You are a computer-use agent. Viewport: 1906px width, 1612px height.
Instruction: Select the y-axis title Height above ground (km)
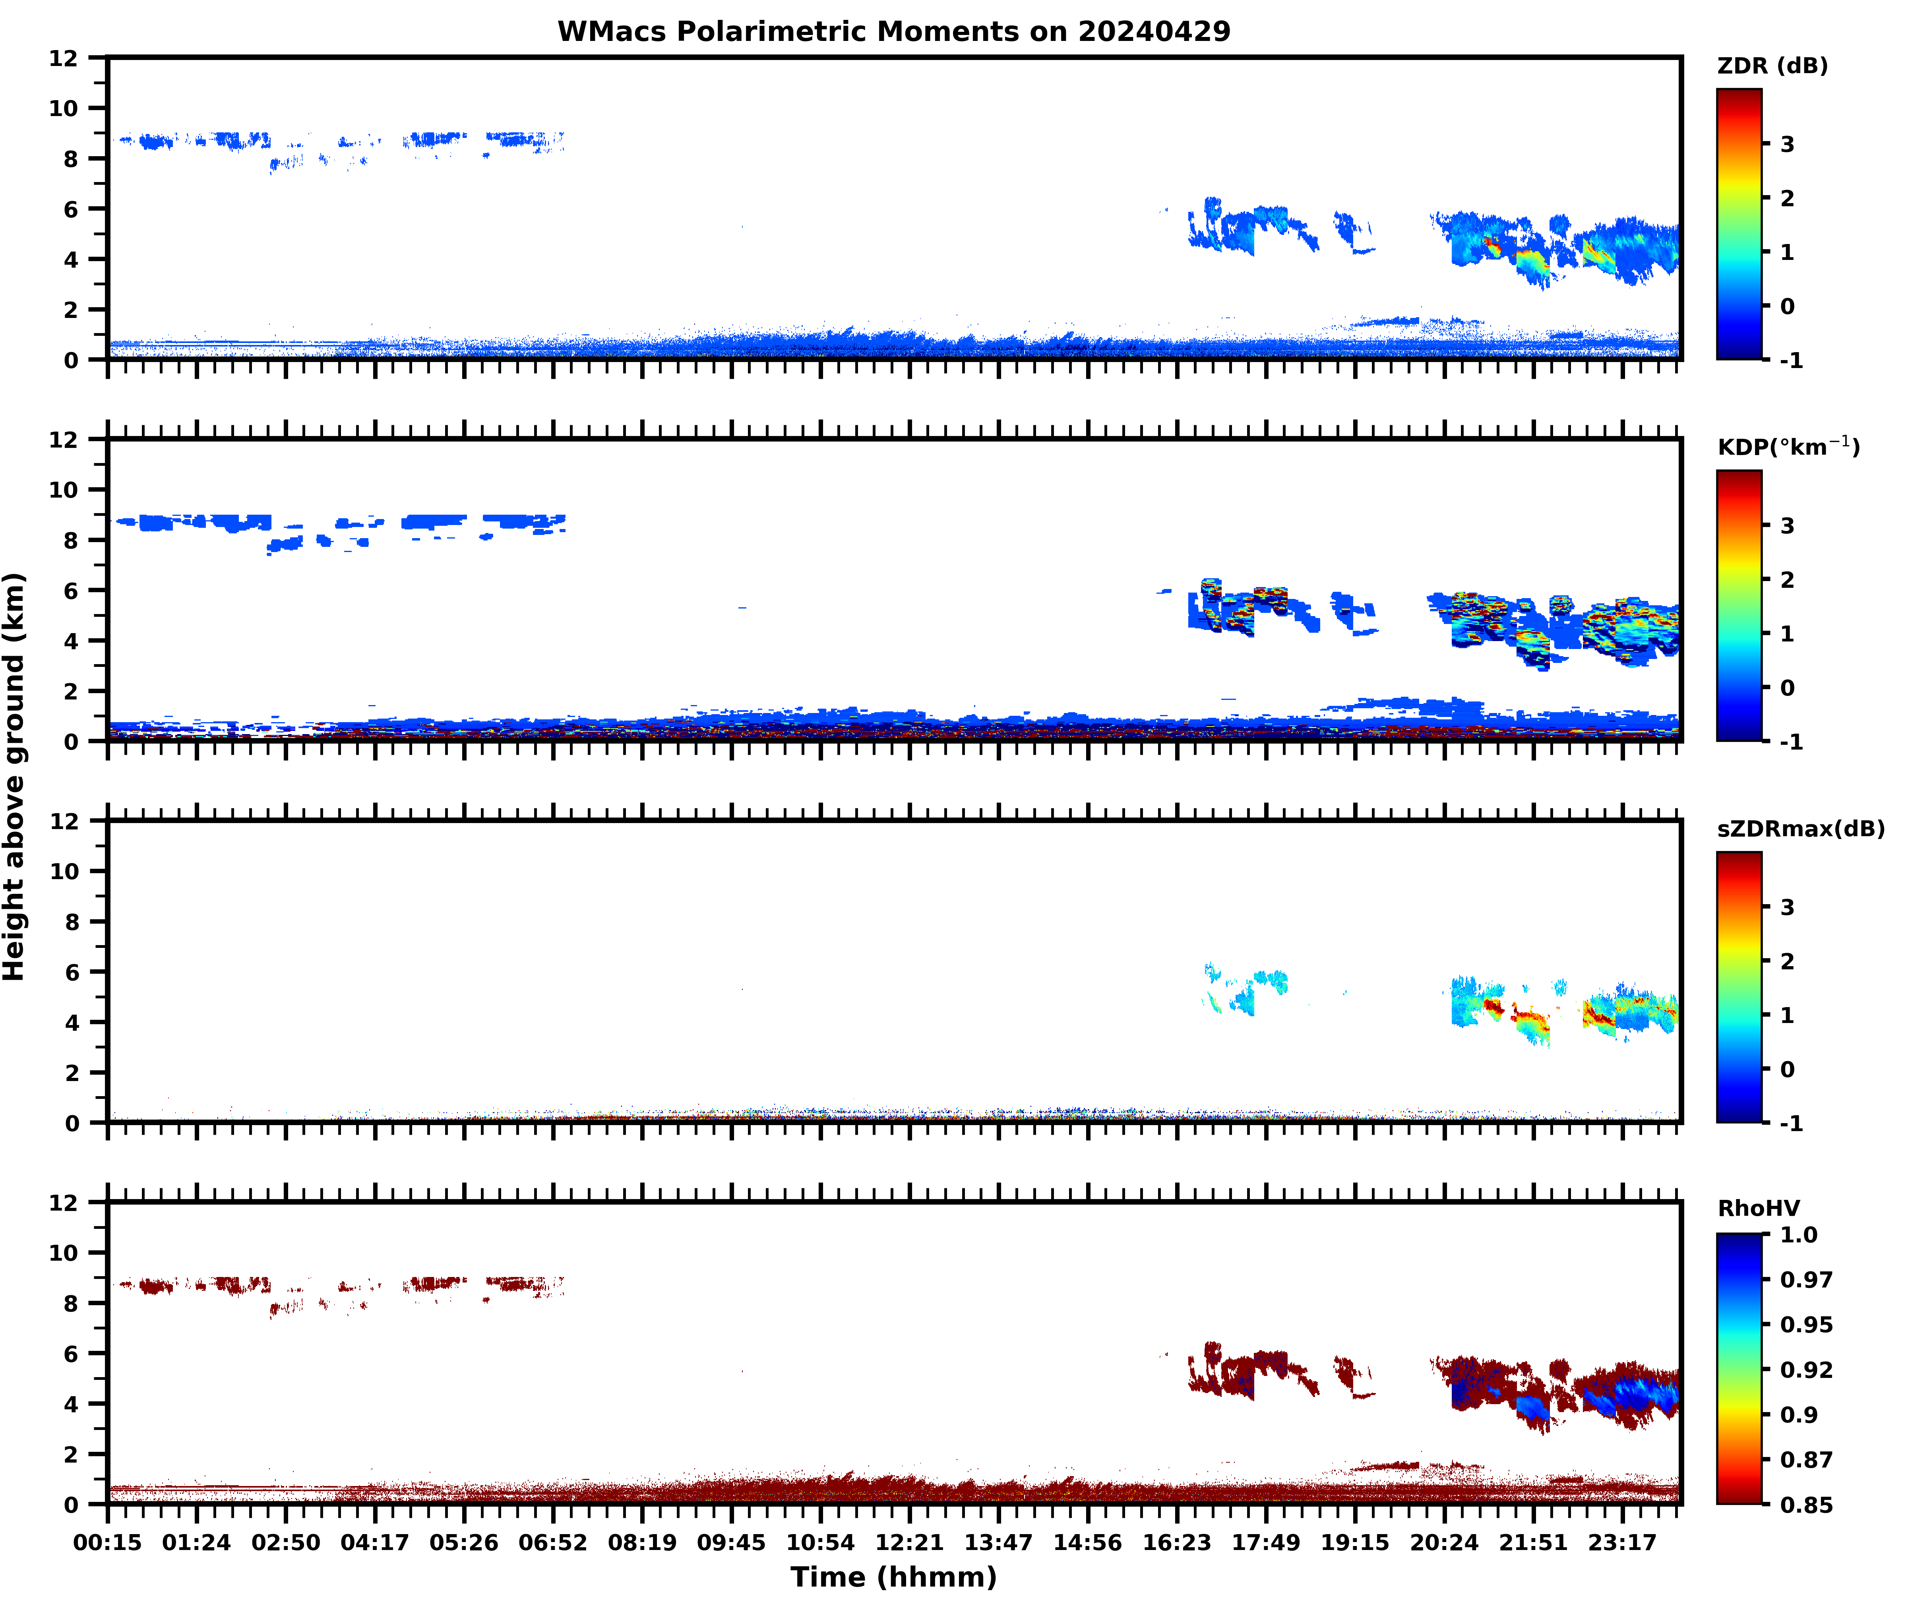[x=15, y=777]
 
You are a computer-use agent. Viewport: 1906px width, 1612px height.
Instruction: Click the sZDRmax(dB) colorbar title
[x=1800, y=829]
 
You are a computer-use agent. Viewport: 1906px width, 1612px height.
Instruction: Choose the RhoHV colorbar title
[x=1758, y=1208]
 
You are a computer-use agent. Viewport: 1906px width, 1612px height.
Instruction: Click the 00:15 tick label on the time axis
[x=108, y=1542]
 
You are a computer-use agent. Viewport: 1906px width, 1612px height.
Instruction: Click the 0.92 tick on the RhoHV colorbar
[x=1805, y=1369]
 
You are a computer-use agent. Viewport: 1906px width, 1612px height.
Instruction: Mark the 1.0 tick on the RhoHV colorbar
[x=1798, y=1234]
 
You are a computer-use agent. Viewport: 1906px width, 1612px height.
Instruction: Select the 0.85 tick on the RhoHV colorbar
[x=1805, y=1504]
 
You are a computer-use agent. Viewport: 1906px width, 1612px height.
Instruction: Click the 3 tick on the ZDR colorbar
[x=1787, y=144]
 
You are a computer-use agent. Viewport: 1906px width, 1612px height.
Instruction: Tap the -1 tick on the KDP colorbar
[x=1791, y=741]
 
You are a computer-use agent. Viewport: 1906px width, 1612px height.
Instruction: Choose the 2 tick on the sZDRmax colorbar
[x=1787, y=961]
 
